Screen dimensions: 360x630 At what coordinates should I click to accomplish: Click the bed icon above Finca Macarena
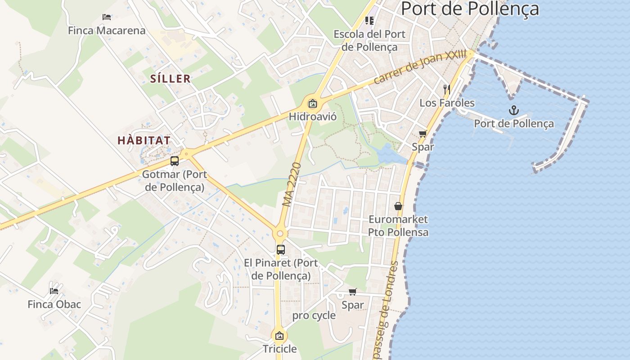[x=107, y=17]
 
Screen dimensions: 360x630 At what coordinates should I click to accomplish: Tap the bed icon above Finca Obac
[x=54, y=291]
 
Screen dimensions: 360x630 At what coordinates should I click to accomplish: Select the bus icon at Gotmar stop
[x=175, y=161]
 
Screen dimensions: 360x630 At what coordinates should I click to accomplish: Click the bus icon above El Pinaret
[x=280, y=249]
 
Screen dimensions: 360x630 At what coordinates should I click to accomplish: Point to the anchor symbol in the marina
[x=513, y=110]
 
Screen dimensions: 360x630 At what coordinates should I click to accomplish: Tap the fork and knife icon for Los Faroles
[x=446, y=89]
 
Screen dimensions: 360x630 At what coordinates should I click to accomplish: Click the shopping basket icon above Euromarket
[x=398, y=206]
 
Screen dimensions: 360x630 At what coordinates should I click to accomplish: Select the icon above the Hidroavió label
[x=312, y=103]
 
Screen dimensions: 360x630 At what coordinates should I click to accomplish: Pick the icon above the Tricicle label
[x=279, y=335]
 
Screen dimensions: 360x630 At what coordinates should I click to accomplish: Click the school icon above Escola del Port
[x=369, y=20]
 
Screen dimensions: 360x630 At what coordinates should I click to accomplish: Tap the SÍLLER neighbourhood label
[x=171, y=79]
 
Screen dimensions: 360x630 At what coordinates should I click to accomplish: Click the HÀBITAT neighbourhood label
[x=144, y=140]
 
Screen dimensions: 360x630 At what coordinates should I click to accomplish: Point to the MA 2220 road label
[x=292, y=184]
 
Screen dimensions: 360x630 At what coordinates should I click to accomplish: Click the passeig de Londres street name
[x=386, y=310]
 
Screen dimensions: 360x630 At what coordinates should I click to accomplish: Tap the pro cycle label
[x=314, y=315]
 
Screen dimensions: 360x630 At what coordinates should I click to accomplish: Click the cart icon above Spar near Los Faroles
[x=423, y=134]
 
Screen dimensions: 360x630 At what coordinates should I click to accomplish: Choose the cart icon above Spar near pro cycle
[x=352, y=292]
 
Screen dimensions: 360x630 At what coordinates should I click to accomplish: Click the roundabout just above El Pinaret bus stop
[x=280, y=233]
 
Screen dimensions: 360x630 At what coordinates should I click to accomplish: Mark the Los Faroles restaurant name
[x=447, y=103]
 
